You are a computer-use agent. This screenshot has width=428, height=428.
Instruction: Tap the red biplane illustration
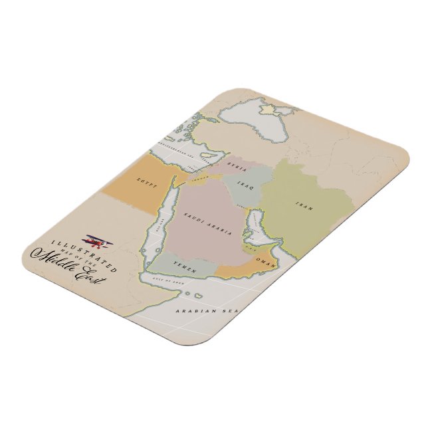[92, 239]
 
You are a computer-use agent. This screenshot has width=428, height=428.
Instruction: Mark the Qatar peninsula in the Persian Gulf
[248, 233]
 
